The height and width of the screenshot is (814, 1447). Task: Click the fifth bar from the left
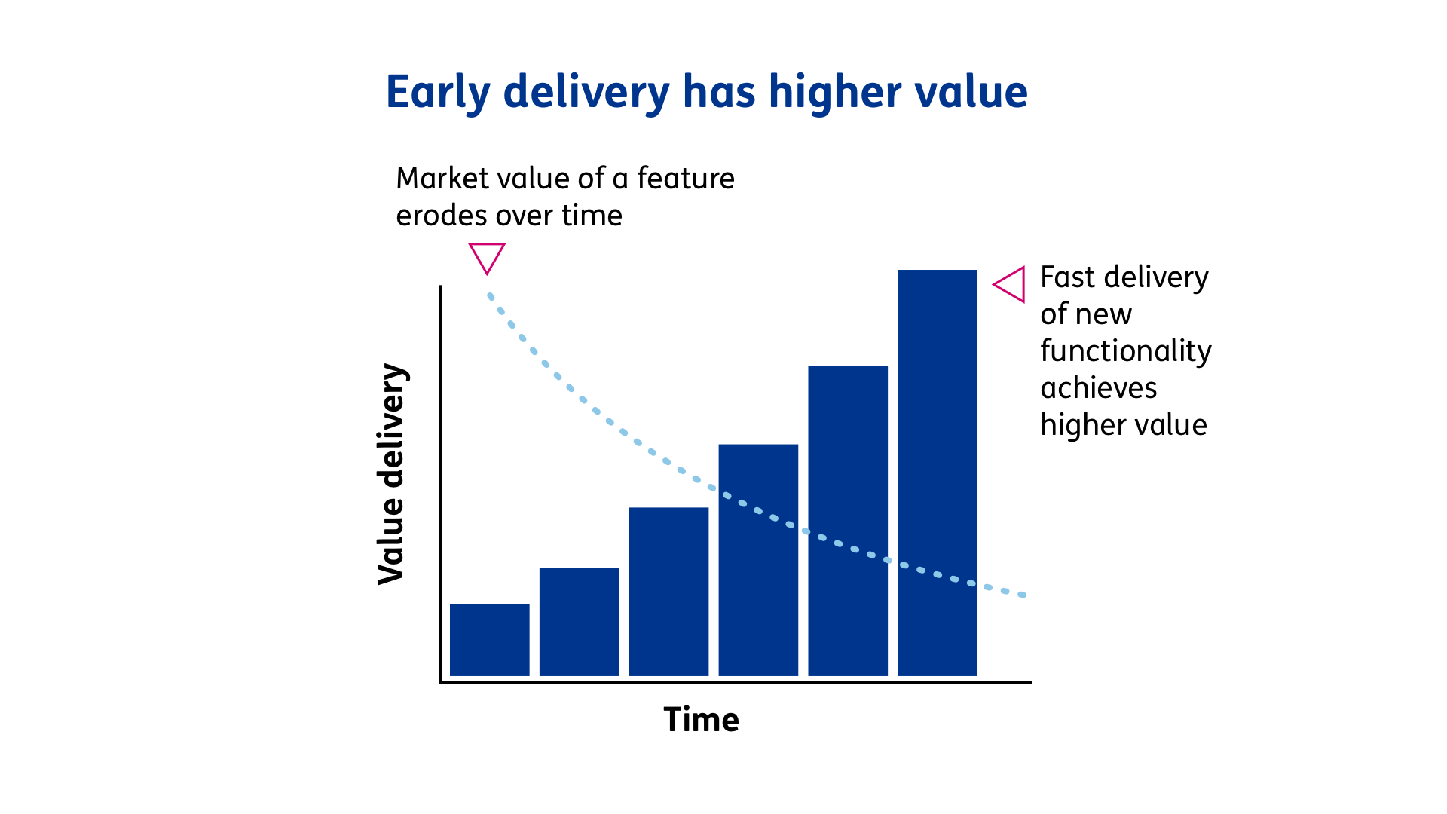(x=848, y=520)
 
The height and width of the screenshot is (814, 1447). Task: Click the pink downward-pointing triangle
(x=487, y=256)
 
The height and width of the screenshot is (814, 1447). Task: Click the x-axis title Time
(x=701, y=720)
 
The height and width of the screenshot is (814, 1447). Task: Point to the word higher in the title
(x=834, y=92)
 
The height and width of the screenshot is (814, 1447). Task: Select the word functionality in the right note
(x=1125, y=351)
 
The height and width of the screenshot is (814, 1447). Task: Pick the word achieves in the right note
(x=1098, y=388)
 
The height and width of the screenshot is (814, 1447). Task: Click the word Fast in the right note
(x=1067, y=277)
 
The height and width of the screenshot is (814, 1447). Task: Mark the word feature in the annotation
(x=685, y=179)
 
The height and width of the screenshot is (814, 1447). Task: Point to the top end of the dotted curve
(x=490, y=296)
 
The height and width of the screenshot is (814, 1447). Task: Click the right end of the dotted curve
(x=1023, y=595)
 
